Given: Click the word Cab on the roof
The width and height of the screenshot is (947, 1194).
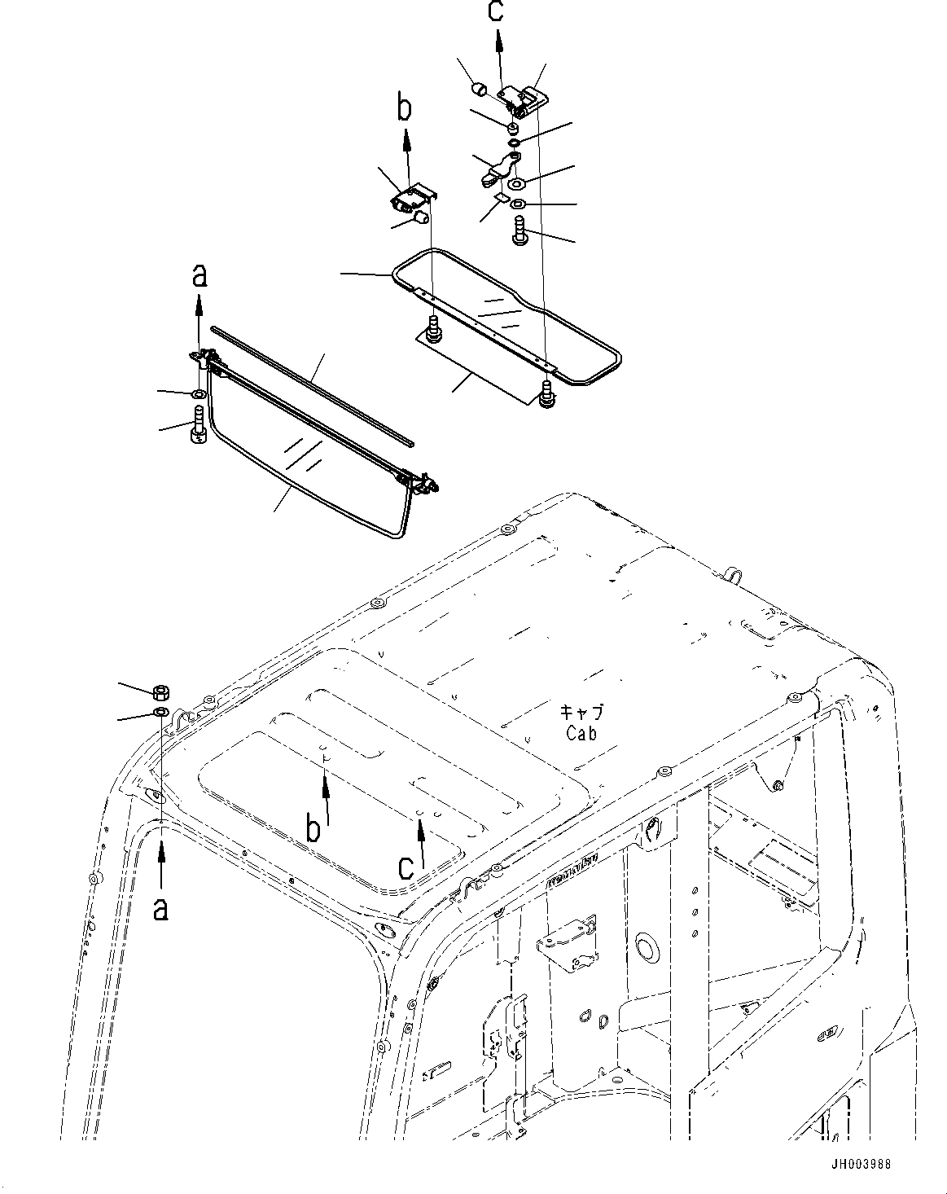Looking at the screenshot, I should tap(581, 733).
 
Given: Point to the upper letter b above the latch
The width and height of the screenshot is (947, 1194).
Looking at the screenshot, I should tap(405, 108).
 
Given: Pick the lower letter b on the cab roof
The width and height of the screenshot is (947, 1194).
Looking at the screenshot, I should tap(313, 829).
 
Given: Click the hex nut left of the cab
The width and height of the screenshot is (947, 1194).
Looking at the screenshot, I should tap(161, 693).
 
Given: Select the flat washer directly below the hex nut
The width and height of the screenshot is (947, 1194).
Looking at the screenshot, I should tap(161, 713).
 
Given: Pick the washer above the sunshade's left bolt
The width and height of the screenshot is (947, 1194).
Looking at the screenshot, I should tap(198, 396).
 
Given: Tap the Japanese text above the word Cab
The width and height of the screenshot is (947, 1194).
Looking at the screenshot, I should tap(581, 712).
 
